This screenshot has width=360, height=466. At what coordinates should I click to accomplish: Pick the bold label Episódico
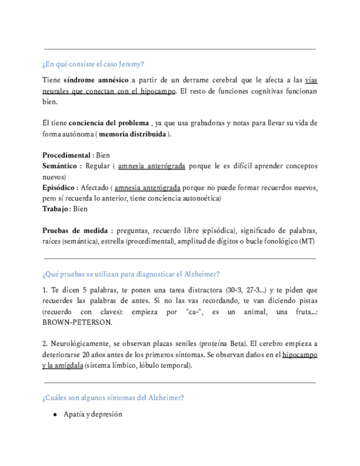tap(59, 187)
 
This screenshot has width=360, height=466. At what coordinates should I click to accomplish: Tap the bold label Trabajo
tap(56, 209)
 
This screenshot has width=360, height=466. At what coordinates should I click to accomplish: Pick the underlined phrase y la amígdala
tap(63, 365)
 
